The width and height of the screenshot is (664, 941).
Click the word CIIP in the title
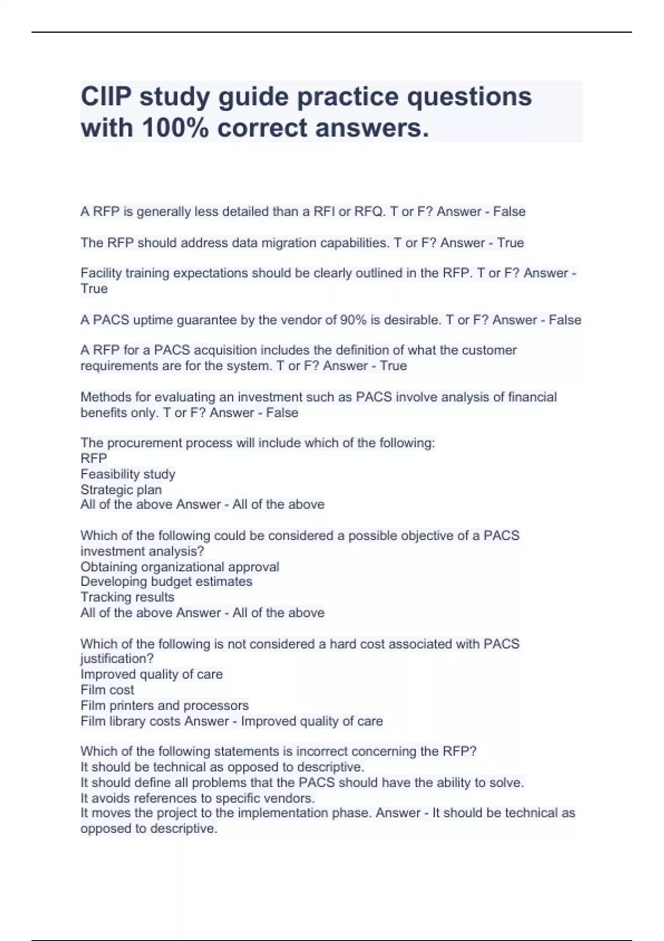point(106,97)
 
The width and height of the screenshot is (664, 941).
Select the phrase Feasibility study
point(128,474)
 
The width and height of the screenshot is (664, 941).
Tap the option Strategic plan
point(121,489)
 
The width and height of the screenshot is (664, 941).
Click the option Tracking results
point(127,597)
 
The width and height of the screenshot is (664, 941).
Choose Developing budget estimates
point(166,581)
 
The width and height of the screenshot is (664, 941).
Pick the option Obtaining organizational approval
point(180,567)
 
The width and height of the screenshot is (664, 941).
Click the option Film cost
point(107,690)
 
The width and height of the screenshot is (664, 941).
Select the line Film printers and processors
point(164,705)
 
